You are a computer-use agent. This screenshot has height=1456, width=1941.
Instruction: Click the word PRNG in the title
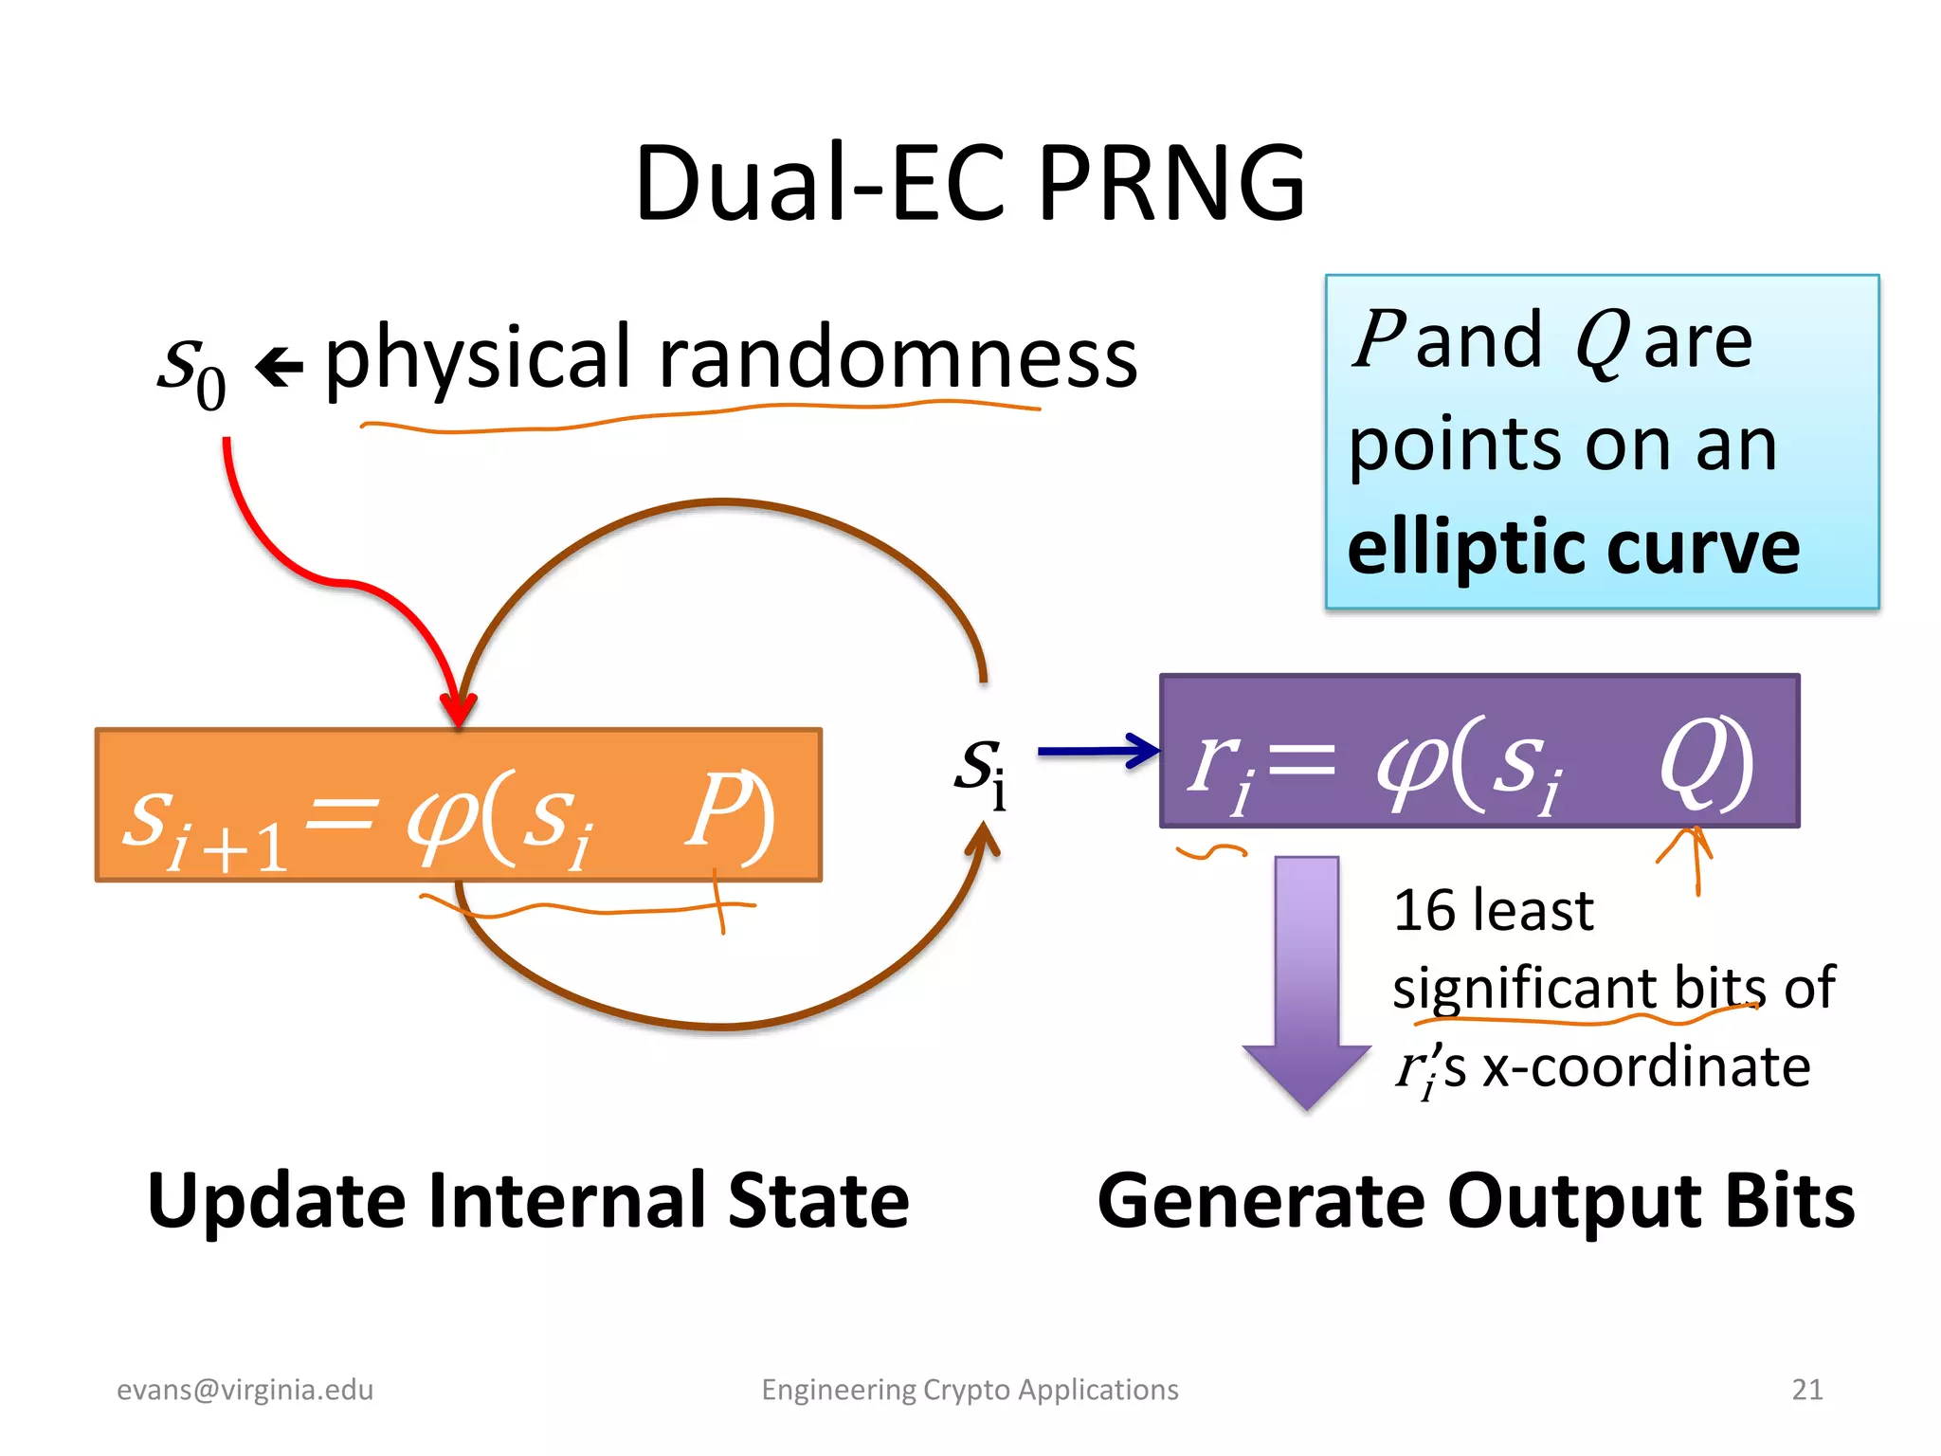[1171, 183]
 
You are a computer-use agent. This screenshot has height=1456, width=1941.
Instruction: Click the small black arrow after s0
[279, 368]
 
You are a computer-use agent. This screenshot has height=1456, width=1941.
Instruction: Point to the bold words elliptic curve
[1572, 549]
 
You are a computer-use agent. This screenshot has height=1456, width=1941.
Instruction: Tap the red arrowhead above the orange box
[459, 709]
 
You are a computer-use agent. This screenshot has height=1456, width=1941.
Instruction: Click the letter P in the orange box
[716, 810]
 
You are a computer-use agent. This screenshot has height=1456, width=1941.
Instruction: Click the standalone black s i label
[980, 770]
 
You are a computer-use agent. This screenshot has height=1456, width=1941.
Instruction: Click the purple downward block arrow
[1306, 986]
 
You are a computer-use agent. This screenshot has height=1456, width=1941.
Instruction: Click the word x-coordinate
[1646, 1066]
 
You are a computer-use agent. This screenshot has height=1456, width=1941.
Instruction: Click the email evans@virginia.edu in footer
[245, 1390]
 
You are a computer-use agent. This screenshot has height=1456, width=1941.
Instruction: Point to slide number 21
[1806, 1390]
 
